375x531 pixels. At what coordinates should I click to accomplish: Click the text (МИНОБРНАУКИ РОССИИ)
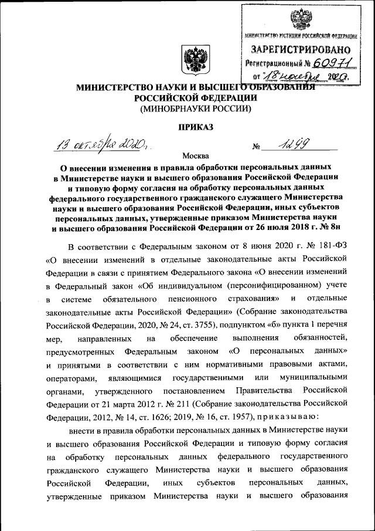[195, 109]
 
